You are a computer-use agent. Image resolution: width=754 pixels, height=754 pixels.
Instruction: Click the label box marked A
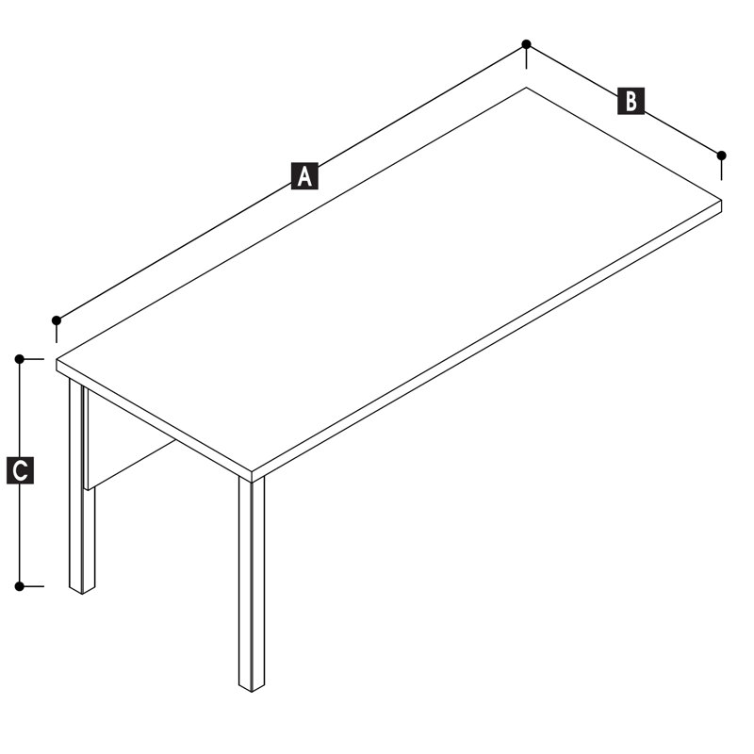304,176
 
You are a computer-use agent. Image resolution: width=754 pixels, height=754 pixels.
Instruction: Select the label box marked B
631,101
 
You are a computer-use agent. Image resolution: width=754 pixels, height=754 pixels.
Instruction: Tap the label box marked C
20,470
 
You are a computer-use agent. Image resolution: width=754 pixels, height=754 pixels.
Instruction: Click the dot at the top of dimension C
19,359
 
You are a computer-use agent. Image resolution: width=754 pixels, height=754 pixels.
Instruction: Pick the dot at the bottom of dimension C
19,586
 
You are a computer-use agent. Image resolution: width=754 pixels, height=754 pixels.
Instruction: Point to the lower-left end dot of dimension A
57,320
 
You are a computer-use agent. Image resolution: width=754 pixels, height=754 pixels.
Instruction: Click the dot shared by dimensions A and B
527,44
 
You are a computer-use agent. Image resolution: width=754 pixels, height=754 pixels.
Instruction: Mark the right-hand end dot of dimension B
721,156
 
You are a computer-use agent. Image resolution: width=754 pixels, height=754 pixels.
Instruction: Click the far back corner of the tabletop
527,88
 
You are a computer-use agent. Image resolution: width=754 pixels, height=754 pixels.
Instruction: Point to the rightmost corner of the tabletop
721,200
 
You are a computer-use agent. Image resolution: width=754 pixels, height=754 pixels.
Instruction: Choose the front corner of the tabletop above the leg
252,471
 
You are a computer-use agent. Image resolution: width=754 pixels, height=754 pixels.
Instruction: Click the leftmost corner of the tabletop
57,360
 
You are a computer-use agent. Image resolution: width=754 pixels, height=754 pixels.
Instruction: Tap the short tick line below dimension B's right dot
721,170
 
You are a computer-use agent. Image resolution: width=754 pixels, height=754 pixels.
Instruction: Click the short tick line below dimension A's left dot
57,334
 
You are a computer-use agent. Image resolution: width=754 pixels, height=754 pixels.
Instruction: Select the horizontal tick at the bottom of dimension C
32,586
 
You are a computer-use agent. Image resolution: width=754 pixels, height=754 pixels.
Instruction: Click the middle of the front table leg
252,584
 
